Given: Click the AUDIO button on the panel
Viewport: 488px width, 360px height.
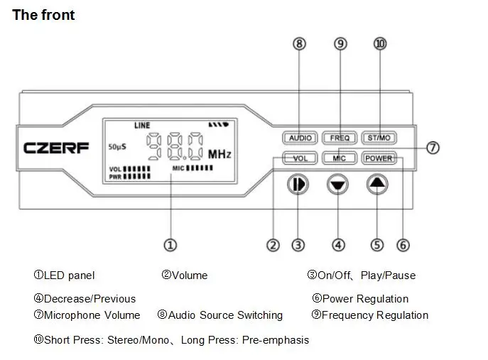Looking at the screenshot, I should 300,138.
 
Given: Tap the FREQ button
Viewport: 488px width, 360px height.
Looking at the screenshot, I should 340,138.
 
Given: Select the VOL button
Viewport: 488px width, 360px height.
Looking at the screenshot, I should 300,158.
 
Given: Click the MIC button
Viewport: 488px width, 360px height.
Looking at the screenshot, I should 340,158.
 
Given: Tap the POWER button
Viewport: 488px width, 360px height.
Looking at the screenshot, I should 379,158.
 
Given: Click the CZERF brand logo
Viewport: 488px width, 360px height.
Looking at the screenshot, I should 56,148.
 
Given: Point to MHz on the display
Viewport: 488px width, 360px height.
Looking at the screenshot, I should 219,154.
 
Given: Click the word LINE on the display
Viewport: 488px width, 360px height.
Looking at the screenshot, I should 142,126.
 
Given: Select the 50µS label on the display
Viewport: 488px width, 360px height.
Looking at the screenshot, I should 117,147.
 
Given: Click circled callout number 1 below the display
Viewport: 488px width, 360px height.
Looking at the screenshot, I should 170,245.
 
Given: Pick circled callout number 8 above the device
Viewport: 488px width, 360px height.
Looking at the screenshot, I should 300,44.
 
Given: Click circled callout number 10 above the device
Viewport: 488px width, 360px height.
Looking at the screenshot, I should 380,44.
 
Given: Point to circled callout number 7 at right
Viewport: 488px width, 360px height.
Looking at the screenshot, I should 433,148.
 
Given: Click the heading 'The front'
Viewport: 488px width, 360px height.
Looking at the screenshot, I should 43,15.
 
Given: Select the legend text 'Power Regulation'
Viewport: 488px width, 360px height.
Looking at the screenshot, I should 365,299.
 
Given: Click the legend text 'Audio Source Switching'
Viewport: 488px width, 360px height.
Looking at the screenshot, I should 225,315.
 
